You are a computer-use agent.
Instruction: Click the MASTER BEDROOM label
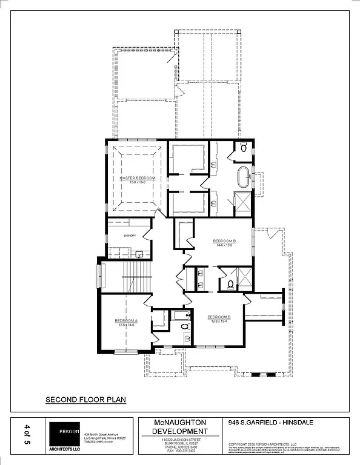(137, 178)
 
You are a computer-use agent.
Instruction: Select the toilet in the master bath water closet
(243, 147)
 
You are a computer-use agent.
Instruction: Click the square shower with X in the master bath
(242, 202)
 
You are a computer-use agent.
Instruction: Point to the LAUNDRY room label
(129, 236)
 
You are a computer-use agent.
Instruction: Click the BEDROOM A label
(127, 320)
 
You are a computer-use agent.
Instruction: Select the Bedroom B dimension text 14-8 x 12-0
(224, 245)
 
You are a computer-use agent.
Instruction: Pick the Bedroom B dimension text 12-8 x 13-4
(219, 322)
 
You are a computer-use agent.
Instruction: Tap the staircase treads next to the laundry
(136, 276)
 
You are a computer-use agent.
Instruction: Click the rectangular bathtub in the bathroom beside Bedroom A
(179, 315)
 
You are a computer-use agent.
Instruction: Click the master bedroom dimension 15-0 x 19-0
(137, 182)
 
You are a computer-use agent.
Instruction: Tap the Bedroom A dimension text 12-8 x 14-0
(127, 325)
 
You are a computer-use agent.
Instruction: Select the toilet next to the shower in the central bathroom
(231, 283)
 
